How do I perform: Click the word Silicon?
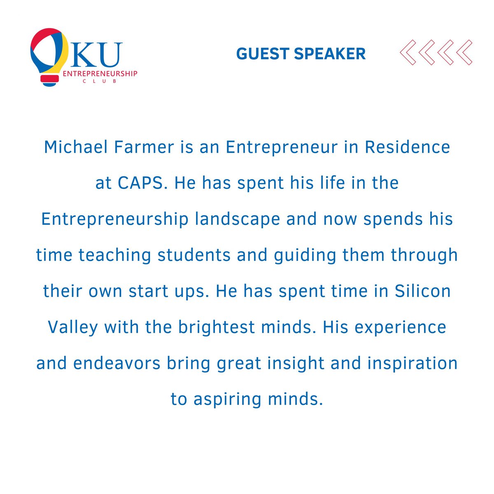(x=423, y=291)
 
